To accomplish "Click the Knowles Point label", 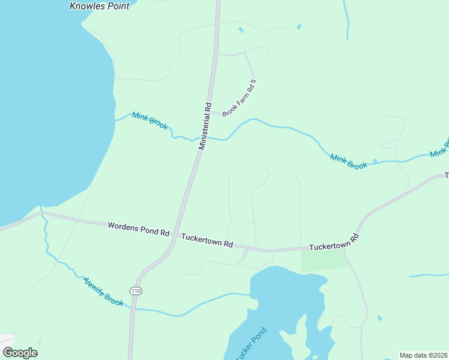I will (x=100, y=6).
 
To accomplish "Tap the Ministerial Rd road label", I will (x=205, y=126).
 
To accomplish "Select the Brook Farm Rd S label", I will (x=240, y=98).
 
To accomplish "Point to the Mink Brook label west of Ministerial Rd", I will (x=150, y=121).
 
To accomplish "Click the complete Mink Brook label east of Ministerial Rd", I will (x=348, y=161).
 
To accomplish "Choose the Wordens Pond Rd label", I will (x=139, y=229).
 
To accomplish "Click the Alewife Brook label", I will (x=103, y=292).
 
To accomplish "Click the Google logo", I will (x=20, y=353).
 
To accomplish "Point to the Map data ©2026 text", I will (x=423, y=355).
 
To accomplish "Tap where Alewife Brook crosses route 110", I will (x=133, y=309).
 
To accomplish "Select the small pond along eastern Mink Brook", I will (x=375, y=161).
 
